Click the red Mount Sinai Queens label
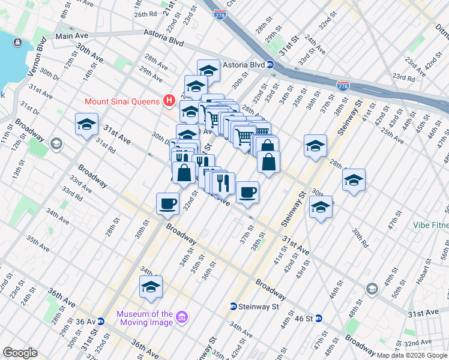click(122, 101)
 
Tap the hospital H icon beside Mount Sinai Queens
click(169, 100)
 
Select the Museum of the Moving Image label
click(145, 318)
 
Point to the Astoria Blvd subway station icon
click(271, 65)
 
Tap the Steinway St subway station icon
click(233, 307)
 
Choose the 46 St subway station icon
click(319, 318)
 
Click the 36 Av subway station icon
click(101, 321)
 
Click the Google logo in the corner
click(20, 353)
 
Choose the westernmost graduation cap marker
click(86, 124)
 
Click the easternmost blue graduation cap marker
click(354, 179)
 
